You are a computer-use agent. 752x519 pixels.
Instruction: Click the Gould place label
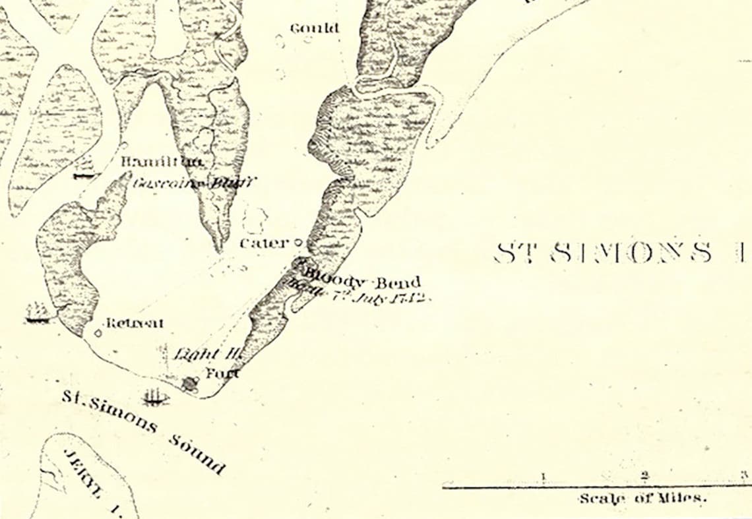(x=315, y=28)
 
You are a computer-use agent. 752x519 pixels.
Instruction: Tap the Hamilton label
(x=162, y=162)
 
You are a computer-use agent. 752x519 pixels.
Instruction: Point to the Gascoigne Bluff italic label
(x=194, y=183)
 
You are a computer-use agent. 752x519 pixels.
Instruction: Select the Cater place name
(x=264, y=243)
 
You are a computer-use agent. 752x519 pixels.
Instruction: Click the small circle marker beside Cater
(x=297, y=243)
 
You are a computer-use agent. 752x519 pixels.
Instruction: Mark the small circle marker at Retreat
(x=98, y=333)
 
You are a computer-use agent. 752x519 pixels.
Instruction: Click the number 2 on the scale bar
(x=644, y=475)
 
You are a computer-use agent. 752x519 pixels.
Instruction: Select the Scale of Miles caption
(x=642, y=499)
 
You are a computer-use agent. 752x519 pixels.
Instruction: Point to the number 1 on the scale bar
(x=544, y=476)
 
